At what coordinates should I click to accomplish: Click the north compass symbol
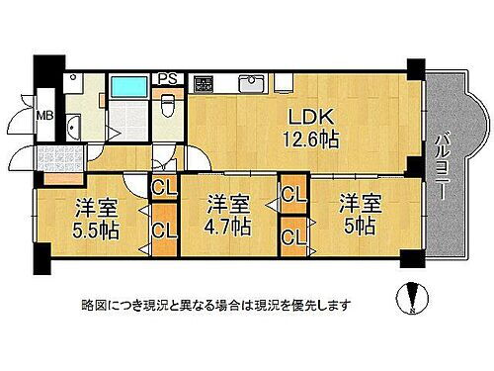(412, 296)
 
